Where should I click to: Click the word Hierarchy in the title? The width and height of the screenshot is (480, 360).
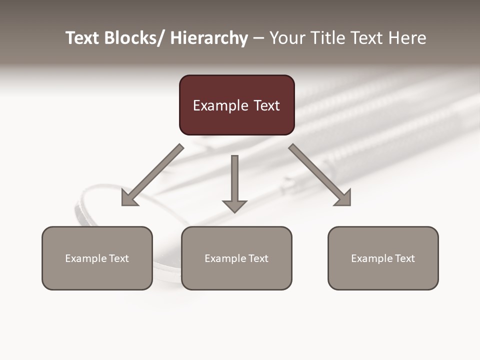209,38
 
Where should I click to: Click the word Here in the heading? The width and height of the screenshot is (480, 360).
407,38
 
